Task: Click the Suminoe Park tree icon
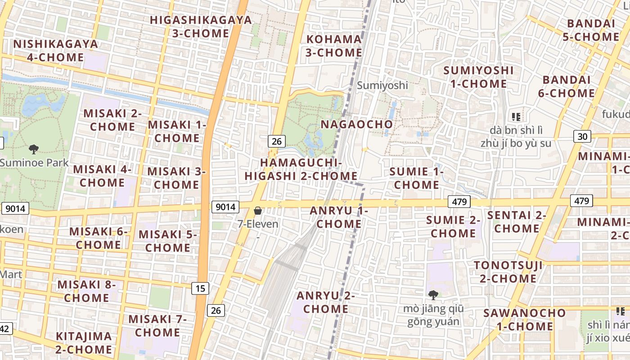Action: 33,149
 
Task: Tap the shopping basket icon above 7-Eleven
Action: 258,211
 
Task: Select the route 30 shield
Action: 582,136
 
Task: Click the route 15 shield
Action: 200,288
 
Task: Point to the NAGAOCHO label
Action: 356,124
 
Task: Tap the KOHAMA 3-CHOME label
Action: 334,46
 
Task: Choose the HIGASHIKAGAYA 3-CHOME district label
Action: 201,27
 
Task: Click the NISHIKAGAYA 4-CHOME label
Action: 55,51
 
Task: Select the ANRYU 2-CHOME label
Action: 325,302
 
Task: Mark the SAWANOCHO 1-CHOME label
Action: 524,319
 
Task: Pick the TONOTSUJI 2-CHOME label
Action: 508,272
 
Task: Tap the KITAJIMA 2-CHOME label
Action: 83,343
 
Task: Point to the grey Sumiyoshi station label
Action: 382,85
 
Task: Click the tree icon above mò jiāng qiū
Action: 433,295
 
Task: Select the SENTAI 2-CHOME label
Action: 517,222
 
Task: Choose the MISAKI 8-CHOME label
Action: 86,291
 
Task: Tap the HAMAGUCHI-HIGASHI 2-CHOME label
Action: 301,169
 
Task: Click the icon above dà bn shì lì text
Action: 516,117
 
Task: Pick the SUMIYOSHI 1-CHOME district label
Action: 478,77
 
